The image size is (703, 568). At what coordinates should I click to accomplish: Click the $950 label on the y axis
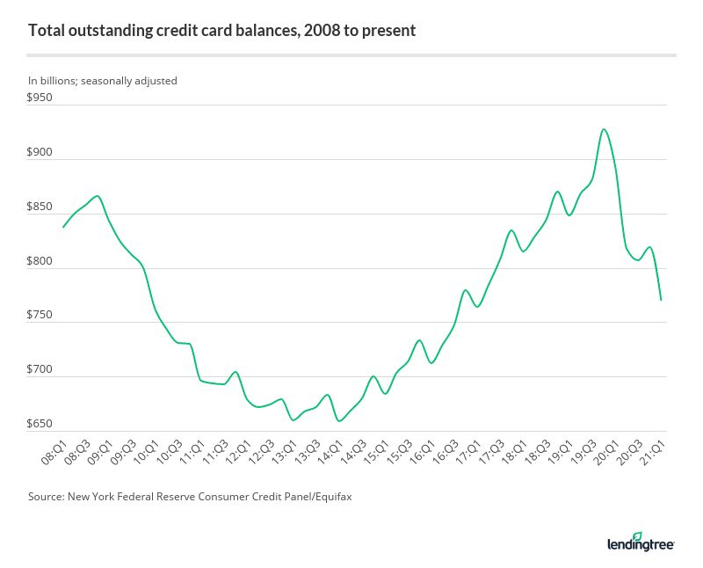(40, 98)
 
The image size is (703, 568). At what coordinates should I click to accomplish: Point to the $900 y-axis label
(40, 153)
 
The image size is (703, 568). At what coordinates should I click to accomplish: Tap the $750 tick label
(40, 316)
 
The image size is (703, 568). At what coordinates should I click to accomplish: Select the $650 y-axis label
(40, 425)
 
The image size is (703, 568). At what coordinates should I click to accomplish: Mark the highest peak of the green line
(603, 129)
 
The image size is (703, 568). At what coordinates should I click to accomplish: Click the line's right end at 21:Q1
(661, 300)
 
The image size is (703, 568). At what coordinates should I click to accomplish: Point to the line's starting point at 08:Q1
(63, 227)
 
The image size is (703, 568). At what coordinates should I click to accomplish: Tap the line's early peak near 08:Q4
(97, 196)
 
